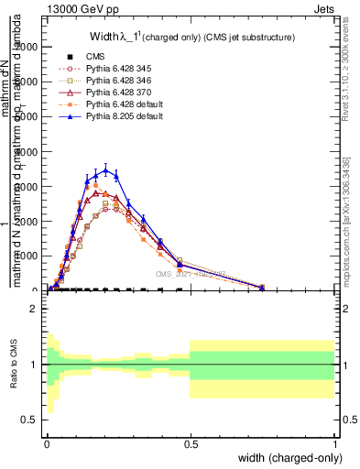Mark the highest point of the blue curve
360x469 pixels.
point(105,169)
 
